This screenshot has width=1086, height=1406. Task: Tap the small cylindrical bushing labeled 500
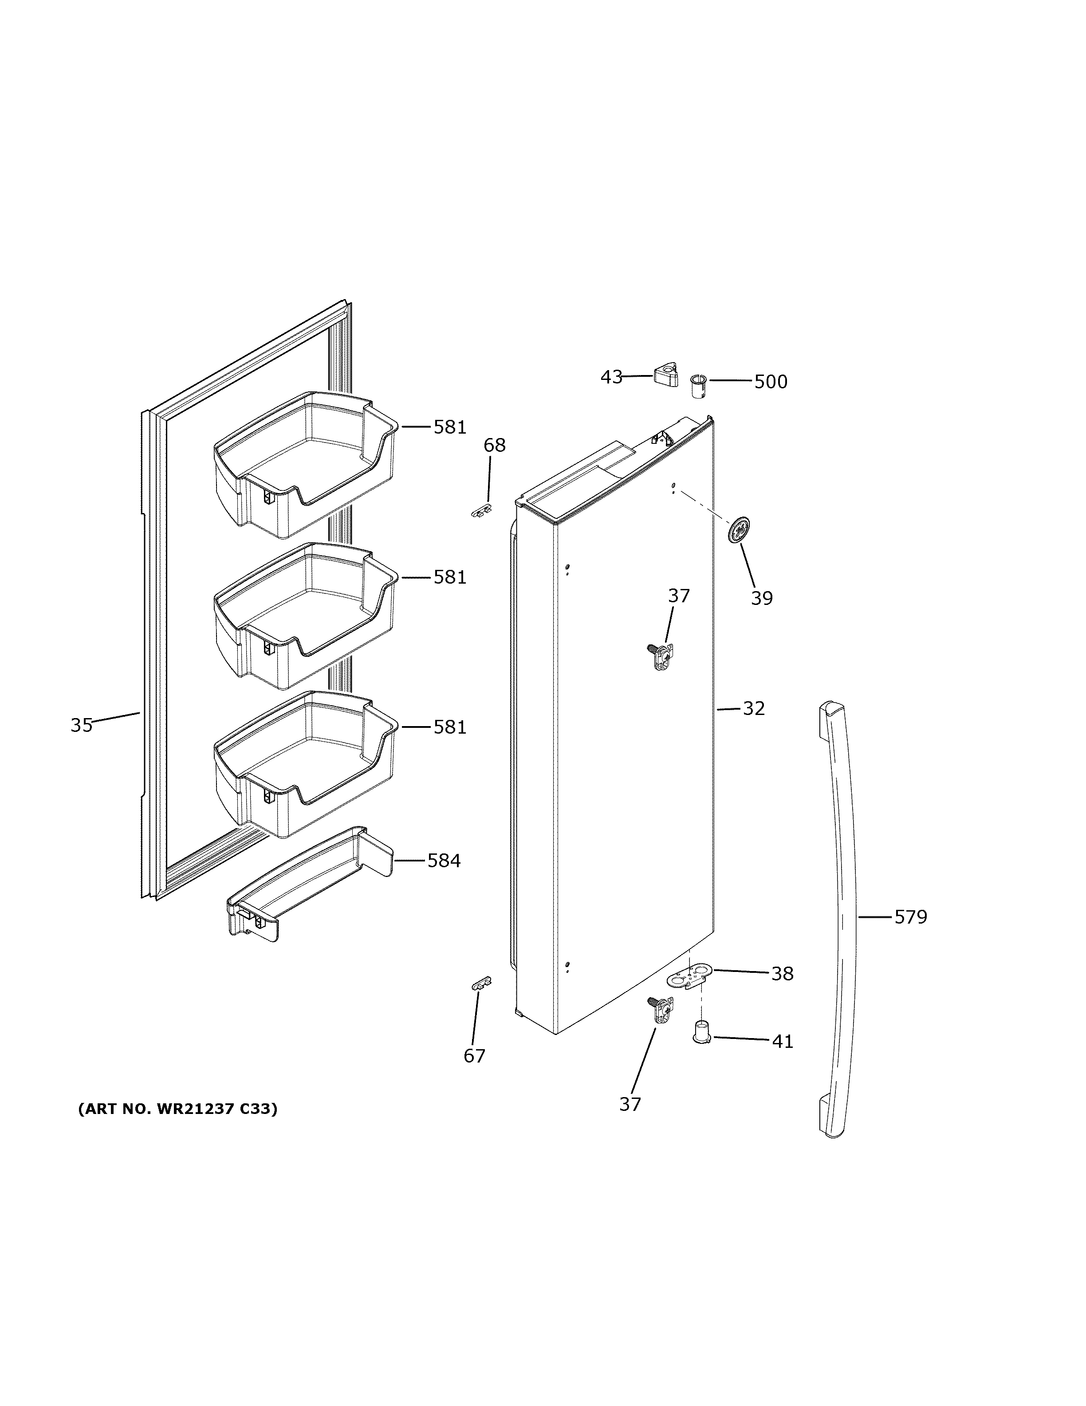[x=698, y=387]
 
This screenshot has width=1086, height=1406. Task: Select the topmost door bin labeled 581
[x=303, y=463]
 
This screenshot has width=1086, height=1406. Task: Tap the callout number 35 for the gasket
[x=82, y=726]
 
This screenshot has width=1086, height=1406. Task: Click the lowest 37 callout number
[x=630, y=1104]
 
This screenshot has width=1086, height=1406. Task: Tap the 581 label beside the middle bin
[x=449, y=577]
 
